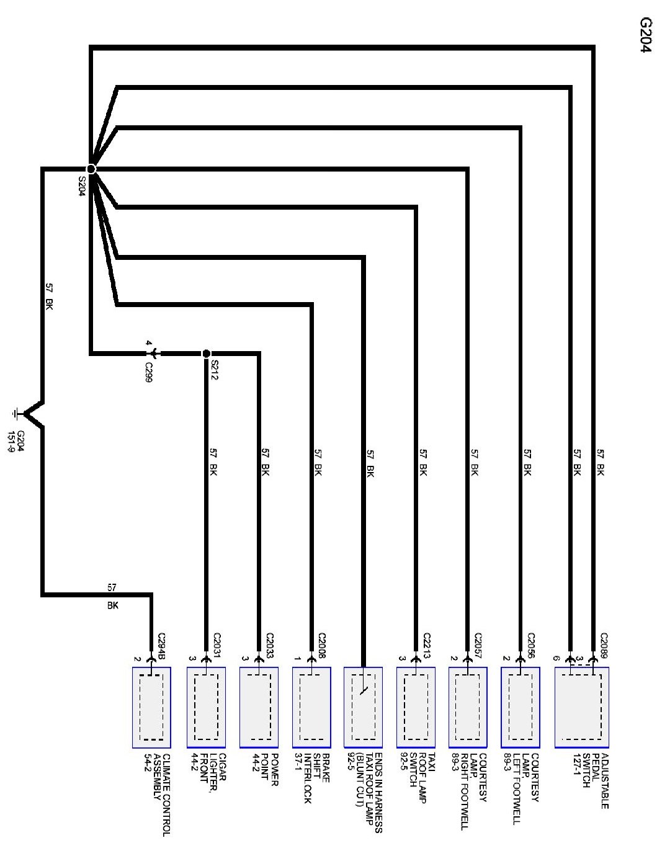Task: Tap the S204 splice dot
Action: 91,169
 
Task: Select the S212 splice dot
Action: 206,354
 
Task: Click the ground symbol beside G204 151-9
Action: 18,413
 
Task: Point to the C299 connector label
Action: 148,372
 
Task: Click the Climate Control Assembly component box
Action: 151,707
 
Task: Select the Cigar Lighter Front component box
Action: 206,707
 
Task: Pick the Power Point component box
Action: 258,707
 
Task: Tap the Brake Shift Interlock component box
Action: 311,707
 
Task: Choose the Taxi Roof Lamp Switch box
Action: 416,707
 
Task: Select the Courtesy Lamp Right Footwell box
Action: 468,707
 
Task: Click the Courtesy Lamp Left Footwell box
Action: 520,707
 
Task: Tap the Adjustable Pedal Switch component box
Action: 582,707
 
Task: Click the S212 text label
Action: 215,370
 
